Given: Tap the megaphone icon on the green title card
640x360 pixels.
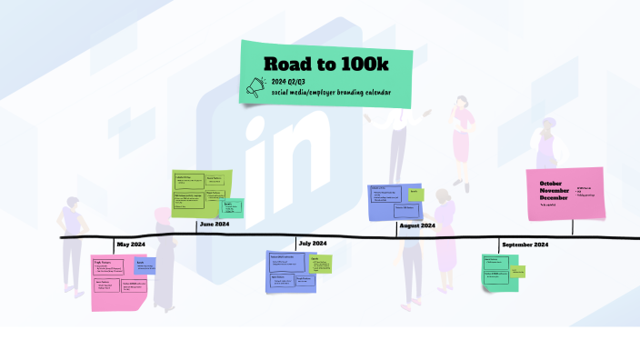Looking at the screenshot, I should tap(255, 86).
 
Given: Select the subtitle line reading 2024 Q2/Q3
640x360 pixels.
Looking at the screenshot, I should tap(288, 82).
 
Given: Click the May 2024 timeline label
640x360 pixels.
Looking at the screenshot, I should tap(131, 245).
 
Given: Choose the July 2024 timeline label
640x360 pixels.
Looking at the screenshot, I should tap(312, 244).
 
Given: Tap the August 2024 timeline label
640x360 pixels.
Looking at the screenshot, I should tap(416, 225).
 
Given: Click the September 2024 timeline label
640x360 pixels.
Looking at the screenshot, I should tap(525, 245).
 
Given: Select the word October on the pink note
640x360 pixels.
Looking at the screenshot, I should tap(550, 184).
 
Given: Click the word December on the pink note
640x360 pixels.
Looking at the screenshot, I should tap(554, 197).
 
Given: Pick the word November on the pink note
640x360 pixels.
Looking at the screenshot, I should tap(554, 190).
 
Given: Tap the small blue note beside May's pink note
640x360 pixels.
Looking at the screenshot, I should tap(145, 265).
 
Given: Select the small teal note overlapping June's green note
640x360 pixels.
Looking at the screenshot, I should tap(234, 207).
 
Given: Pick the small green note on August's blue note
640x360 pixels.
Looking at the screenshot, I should tap(415, 194).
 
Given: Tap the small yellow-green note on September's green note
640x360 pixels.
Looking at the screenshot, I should tap(517, 270).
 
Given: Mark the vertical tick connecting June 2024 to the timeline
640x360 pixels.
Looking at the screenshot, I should tap(197, 227).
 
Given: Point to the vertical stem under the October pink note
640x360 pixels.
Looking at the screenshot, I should tap(572, 226).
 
